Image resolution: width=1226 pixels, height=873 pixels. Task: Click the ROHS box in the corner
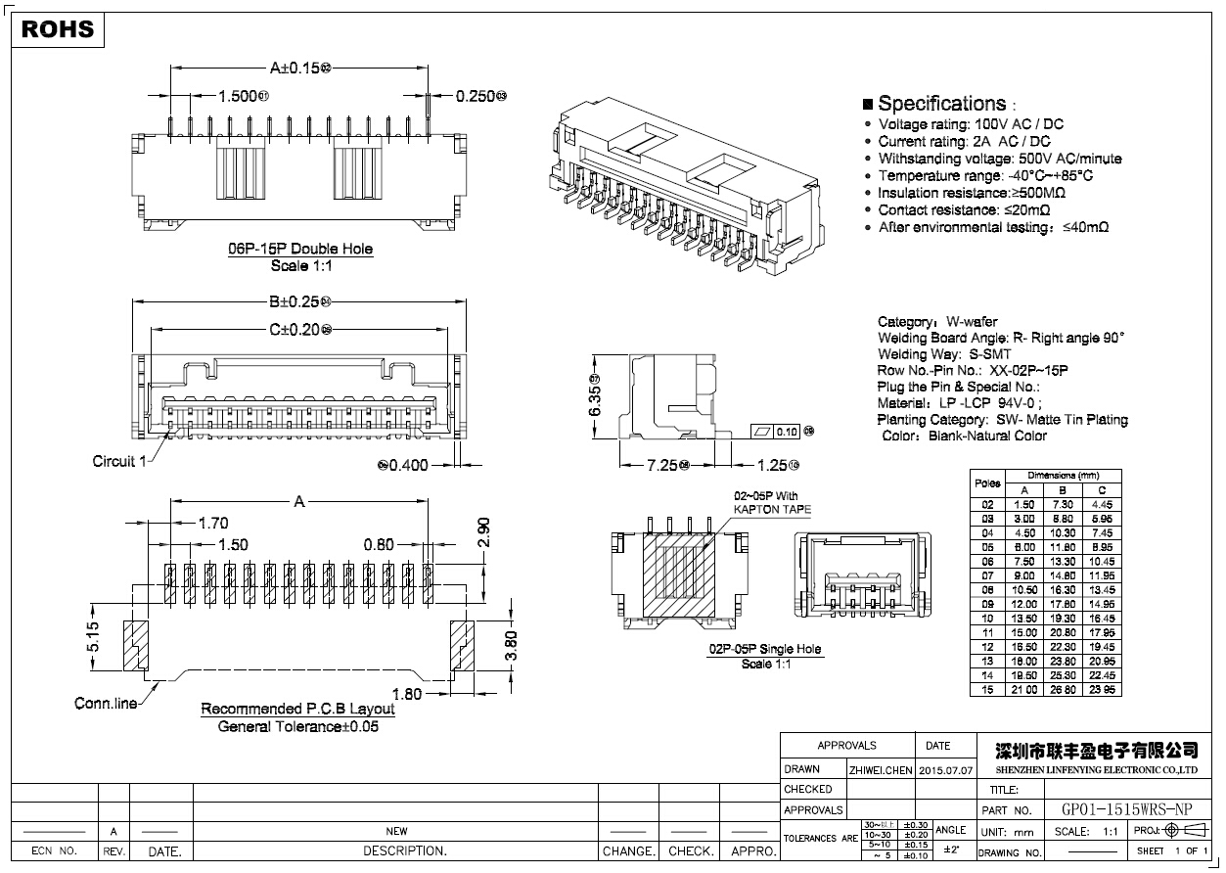[x=58, y=29]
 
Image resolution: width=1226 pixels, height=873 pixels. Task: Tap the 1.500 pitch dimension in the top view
[x=239, y=96]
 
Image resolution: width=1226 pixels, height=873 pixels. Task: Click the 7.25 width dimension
[x=661, y=466]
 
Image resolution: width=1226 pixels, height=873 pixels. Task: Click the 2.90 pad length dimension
[x=483, y=533]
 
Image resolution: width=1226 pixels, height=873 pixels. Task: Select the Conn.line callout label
[x=106, y=704]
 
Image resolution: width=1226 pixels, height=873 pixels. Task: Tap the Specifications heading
[x=941, y=104]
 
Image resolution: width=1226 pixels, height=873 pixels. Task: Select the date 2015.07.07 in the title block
[x=946, y=770]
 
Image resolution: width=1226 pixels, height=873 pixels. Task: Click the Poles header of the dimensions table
[x=987, y=482]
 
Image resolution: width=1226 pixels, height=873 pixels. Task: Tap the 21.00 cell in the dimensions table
[x=1024, y=690]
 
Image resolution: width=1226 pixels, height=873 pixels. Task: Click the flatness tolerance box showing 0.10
[x=786, y=432]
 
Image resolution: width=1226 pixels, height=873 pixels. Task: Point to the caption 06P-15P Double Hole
[x=300, y=250]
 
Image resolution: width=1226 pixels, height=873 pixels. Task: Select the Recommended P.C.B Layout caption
[x=297, y=709]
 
